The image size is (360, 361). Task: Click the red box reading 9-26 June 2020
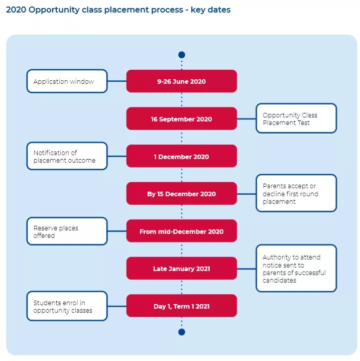(181, 81)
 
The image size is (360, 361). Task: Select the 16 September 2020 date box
(181, 119)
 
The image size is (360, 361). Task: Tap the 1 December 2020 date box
(181, 156)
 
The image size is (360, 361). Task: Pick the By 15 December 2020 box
(181, 194)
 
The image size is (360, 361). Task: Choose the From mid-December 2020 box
(181, 231)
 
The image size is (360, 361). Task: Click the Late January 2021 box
(181, 269)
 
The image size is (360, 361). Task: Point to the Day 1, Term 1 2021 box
(181, 306)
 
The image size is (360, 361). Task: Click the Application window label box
(67, 81)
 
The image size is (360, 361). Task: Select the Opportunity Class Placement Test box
(296, 118)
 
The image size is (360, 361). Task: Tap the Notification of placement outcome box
(67, 156)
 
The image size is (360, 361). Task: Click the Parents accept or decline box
(296, 193)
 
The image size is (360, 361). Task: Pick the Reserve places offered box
(67, 231)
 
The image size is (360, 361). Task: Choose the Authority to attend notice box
(296, 269)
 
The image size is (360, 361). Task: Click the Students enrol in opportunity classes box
(67, 306)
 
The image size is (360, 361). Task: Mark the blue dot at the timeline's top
(182, 55)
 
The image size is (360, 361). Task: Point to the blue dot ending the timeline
(182, 332)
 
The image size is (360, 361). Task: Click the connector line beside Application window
(117, 81)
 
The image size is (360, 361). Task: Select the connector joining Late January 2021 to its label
(247, 269)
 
